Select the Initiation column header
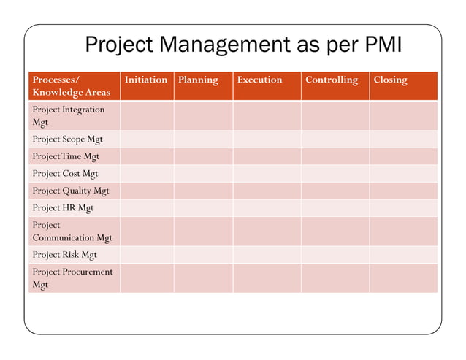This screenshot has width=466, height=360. click(146, 80)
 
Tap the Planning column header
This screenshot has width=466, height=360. click(197, 80)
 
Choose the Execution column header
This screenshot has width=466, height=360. click(259, 80)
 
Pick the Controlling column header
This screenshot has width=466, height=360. click(332, 80)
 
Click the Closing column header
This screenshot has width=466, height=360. click(390, 80)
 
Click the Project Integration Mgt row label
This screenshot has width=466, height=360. click(68, 116)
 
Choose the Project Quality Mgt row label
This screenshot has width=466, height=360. click(70, 191)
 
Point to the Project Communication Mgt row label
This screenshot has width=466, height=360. click(72, 231)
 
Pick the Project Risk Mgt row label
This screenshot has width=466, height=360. click(64, 255)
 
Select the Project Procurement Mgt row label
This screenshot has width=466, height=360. click(72, 278)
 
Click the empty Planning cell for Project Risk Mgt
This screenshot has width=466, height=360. click(203, 255)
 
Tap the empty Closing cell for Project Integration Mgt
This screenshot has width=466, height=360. click(402, 116)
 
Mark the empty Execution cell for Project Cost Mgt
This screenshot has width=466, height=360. click(267, 174)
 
